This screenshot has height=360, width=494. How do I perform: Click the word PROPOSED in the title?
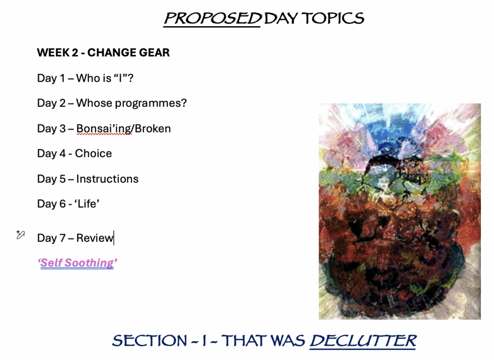[212, 18]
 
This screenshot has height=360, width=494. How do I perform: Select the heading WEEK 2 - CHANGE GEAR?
[103, 52]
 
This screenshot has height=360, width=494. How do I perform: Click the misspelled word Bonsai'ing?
[104, 129]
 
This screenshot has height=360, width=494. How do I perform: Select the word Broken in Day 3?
[153, 128]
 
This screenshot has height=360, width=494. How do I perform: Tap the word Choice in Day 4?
[93, 153]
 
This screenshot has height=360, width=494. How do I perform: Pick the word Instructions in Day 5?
[107, 179]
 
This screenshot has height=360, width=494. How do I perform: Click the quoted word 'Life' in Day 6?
[87, 204]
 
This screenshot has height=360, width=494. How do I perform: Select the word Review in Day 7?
[95, 238]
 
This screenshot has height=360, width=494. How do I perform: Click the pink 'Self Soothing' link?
[77, 263]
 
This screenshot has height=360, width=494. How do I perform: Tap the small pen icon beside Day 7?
[20, 235]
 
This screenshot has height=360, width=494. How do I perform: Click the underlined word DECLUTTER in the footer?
[363, 340]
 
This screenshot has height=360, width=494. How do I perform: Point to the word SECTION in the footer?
[150, 340]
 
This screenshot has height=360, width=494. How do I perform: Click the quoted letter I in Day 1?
[120, 78]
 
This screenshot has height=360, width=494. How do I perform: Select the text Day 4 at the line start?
[51, 153]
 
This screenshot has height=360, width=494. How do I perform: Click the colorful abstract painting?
[400, 211]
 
